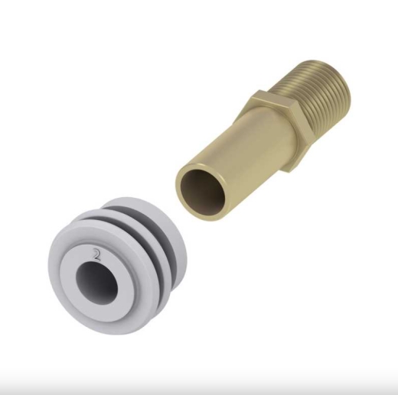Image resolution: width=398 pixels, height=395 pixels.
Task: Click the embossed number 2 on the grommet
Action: [96, 254]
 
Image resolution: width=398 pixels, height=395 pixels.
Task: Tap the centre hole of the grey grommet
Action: [96, 280]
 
